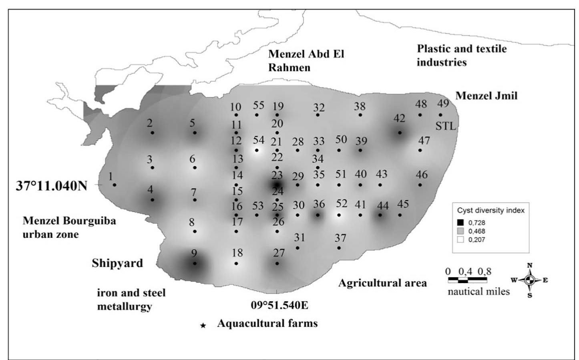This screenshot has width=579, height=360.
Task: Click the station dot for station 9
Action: click(195, 263)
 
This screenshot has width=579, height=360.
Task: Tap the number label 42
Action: click(399, 119)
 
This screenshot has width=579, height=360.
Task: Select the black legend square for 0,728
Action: click(460, 223)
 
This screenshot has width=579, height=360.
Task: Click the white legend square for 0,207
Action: click(460, 240)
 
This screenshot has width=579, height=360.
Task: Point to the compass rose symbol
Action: click(529, 280)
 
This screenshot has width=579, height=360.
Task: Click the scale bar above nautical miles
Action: click(467, 280)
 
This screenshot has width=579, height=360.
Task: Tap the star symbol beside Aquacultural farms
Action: click(203, 326)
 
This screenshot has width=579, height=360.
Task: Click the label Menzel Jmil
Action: click(487, 96)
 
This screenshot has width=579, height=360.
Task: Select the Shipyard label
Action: click(117, 263)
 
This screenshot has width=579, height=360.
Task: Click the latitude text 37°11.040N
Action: click(51, 186)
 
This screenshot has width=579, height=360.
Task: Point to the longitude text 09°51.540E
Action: click(279, 305)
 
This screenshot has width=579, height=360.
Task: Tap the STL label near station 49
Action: click(445, 126)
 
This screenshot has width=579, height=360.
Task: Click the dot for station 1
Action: click(115, 185)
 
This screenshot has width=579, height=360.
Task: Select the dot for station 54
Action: click(257, 151)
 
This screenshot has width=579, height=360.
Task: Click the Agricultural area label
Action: click(382, 283)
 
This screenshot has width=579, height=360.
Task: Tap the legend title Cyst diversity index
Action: click(491, 210)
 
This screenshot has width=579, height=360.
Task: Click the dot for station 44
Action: click(380, 215)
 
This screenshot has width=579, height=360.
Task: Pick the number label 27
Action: click(279, 253)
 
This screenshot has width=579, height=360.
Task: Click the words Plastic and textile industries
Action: click(461, 55)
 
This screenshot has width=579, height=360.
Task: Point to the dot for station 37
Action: click(339, 248)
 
